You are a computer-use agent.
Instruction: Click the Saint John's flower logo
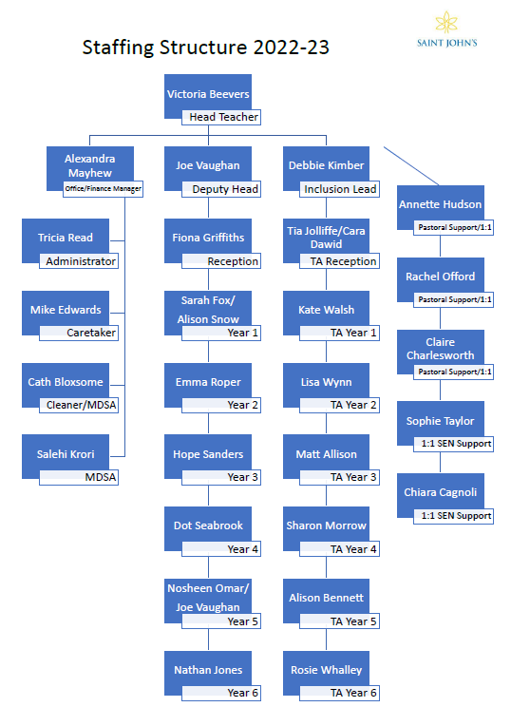point(446,22)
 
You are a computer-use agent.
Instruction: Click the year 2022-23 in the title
point(292,48)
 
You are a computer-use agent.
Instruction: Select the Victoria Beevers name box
point(208,96)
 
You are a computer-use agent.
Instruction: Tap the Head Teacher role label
point(221,117)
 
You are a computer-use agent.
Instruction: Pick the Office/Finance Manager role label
point(104,189)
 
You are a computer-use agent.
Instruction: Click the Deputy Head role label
point(221,189)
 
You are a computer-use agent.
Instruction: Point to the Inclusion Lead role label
point(340,189)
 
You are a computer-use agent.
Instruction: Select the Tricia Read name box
point(66,240)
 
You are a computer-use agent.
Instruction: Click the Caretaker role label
point(79,333)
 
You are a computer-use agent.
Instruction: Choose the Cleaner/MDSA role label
point(79,405)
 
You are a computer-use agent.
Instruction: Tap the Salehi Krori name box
point(66,456)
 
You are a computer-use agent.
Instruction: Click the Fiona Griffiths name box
point(208,240)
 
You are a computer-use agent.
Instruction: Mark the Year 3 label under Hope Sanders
point(221,477)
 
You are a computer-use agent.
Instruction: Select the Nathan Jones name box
point(208,673)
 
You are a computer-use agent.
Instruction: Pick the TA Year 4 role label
point(340,549)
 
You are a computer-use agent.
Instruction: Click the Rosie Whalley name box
point(327,673)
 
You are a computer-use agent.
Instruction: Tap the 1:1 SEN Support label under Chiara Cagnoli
point(454,516)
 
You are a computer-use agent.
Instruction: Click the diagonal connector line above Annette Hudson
point(411,165)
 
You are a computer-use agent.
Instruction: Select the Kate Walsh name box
point(327,313)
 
